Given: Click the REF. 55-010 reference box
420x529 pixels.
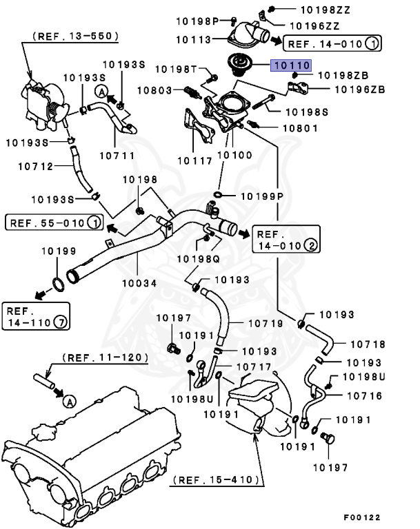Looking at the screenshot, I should tap(52, 222).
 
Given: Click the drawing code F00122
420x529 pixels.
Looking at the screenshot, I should tap(361, 517).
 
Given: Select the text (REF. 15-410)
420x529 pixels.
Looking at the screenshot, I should tap(215, 479).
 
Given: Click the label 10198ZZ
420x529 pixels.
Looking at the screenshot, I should tap(307, 10).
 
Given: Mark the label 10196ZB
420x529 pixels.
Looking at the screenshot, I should tap(360, 89).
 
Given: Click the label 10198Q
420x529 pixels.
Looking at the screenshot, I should tap(198, 259).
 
